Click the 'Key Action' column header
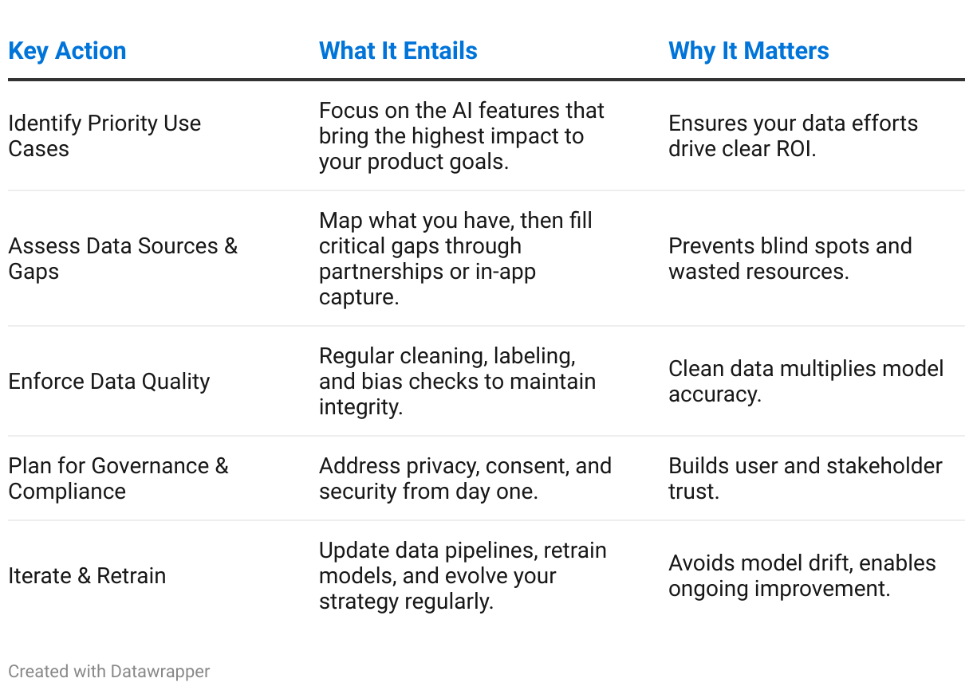pos(67,51)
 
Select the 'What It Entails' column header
pos(398,51)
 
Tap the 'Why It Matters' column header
pos(748,51)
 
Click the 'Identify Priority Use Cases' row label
pos(104,135)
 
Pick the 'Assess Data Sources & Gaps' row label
pos(123,259)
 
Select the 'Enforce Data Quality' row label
pos(109,382)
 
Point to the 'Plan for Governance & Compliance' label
pos(118,479)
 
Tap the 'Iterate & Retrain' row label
pos(87,576)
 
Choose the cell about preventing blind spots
pos(790,259)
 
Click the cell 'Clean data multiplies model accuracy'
pos(806,382)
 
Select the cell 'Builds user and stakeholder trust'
pos(806,479)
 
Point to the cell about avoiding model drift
pos(802,576)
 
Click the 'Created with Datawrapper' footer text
pos(109,672)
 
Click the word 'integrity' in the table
pos(360,408)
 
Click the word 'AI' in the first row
pos(463,111)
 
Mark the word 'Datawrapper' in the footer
pos(160,672)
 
